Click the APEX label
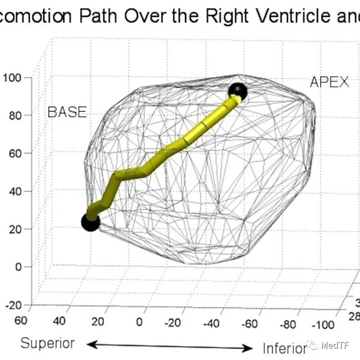point(329,82)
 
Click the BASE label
point(67,112)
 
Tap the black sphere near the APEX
point(237,91)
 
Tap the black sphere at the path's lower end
point(90,221)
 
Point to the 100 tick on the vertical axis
point(12,77)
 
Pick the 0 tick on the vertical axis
point(18,267)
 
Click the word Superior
point(48,343)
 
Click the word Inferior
point(284,348)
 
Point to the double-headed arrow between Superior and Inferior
point(170,346)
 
